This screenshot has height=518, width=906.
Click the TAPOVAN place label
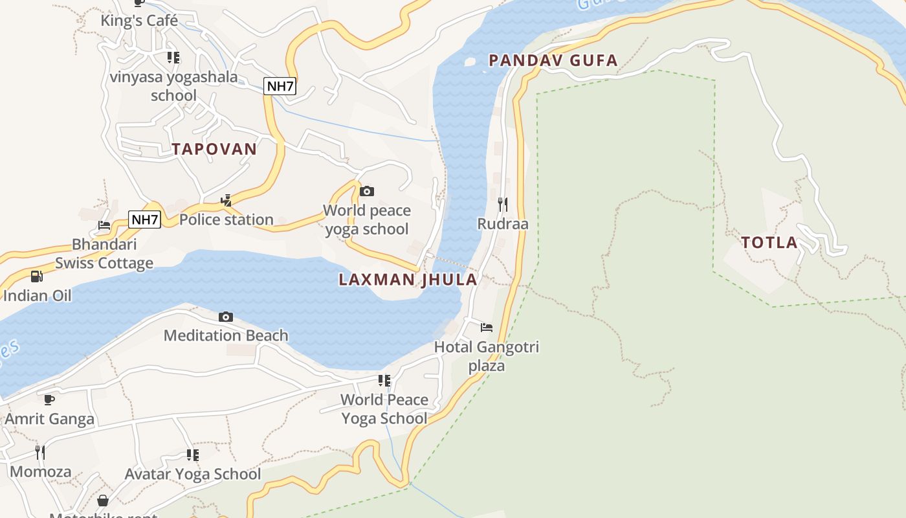tap(214, 149)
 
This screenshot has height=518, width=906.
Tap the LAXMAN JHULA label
tap(408, 280)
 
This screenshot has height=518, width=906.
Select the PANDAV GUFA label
tap(553, 61)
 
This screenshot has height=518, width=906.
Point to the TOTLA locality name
tap(769, 243)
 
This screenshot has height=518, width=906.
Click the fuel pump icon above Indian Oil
tap(37, 276)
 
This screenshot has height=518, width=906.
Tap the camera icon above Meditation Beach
tap(226, 317)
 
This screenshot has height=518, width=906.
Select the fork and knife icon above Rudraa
tap(503, 205)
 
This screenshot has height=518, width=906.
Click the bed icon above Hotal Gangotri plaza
tap(487, 328)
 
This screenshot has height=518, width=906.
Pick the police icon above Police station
tap(226, 201)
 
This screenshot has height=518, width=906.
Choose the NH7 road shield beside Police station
tap(144, 220)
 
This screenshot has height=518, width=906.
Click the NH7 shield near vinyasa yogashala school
tap(280, 85)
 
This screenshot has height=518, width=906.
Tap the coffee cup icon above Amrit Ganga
tap(49, 400)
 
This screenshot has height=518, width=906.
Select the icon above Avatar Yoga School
tap(193, 455)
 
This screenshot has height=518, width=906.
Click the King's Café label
tap(139, 21)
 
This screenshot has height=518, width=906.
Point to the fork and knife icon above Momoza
tap(40, 451)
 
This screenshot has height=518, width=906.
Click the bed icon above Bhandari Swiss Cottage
tap(104, 225)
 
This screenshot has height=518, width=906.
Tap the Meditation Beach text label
tap(226, 335)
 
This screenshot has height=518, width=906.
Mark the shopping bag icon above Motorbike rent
tap(103, 501)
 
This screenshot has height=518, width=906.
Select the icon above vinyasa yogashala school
tap(173, 58)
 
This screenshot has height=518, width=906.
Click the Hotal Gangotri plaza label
tap(487, 356)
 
